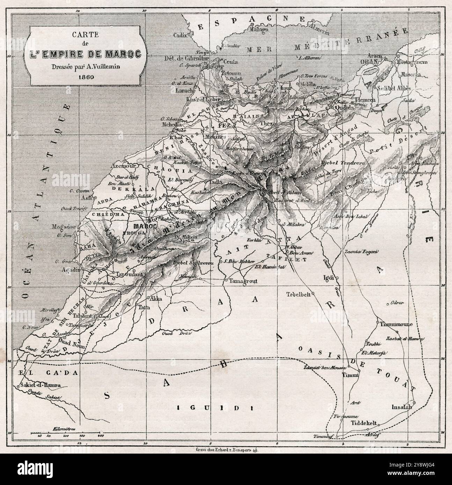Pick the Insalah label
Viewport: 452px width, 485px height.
[402, 407]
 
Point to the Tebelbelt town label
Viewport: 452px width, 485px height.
[298, 293]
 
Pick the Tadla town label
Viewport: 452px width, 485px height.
[213, 182]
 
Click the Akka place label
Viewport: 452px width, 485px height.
[154, 299]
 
